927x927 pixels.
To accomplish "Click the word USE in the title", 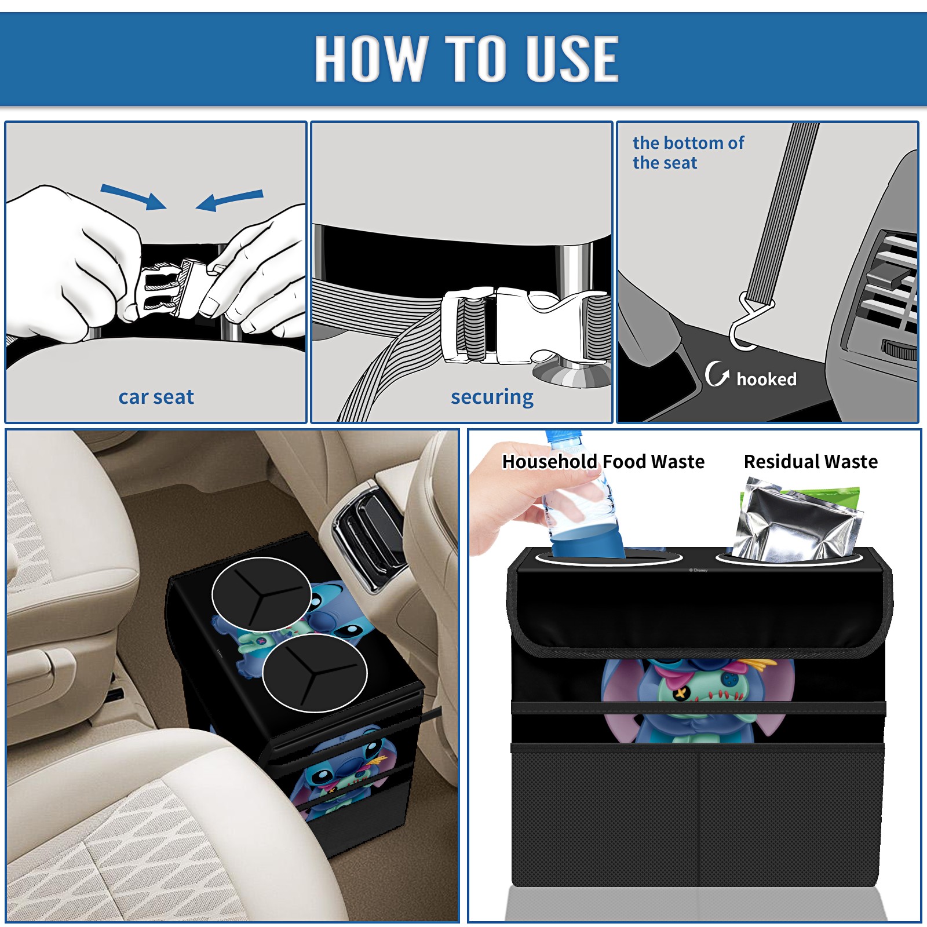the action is click(572, 58).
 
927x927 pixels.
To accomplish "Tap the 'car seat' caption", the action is click(156, 397).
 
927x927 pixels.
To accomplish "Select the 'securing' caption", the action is click(492, 397).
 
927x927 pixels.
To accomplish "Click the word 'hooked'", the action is click(767, 379).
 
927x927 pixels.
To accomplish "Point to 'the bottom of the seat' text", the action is click(688, 152).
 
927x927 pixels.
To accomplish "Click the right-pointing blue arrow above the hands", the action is click(133, 197).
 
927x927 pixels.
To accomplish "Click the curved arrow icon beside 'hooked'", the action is click(716, 374).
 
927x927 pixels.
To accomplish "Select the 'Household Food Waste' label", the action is click(603, 461).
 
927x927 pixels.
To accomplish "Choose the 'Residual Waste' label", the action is click(811, 461).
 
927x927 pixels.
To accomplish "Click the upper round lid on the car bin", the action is click(261, 594).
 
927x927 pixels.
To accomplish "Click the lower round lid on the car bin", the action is click(315, 673).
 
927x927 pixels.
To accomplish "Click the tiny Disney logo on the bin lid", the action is click(698, 570).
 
